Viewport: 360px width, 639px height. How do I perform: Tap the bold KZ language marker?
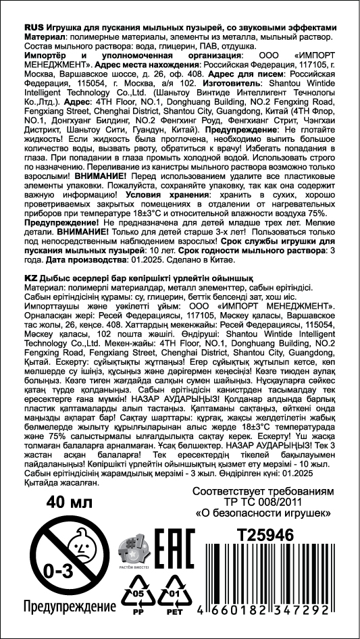point(30,277)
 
